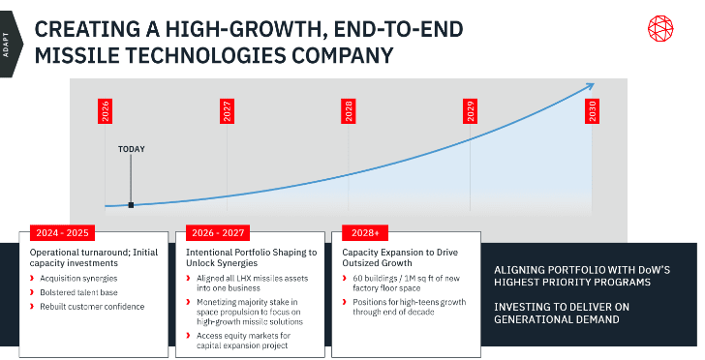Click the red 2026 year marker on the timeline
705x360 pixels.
tap(106, 111)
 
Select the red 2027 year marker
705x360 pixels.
tap(227, 111)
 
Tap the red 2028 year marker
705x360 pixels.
tap(349, 111)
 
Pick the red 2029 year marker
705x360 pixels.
tap(471, 111)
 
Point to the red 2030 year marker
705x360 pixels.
tap(592, 111)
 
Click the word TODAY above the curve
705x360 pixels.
tap(132, 149)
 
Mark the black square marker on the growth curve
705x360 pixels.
tap(131, 205)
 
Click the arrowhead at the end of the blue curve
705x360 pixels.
tap(590, 86)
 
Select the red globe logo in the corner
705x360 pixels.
tap(660, 29)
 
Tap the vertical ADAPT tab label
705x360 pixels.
tap(6, 45)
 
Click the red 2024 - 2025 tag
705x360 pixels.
tap(63, 233)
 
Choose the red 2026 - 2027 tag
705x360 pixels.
tap(218, 233)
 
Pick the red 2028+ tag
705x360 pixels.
tap(365, 233)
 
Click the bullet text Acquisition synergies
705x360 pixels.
tap(78, 279)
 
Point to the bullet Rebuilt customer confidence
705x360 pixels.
tap(92, 307)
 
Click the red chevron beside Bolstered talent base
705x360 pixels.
tap(32, 292)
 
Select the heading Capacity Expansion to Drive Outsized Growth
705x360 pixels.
tap(400, 257)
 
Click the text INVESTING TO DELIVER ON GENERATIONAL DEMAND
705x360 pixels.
tap(562, 314)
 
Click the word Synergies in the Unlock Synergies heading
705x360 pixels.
tap(240, 263)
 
